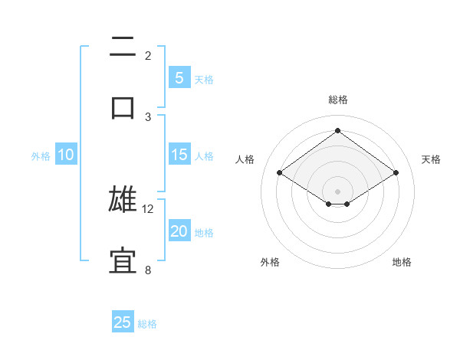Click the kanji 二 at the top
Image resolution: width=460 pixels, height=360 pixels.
[123, 47]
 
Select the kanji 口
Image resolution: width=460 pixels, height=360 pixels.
[123, 107]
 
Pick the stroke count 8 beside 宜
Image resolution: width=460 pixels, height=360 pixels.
[148, 270]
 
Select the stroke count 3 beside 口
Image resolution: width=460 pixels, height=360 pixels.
[148, 116]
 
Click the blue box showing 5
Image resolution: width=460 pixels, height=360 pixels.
[179, 78]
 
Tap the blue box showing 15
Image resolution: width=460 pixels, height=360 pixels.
[179, 155]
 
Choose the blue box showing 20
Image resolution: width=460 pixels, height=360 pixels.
[179, 231]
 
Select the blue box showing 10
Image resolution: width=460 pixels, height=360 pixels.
[66, 155]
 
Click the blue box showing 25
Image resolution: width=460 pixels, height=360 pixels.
[123, 322]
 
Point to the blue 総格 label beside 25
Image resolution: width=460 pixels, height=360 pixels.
[147, 324]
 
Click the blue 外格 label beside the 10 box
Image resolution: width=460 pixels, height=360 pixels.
[41, 156]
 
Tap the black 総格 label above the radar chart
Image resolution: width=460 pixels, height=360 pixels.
[338, 100]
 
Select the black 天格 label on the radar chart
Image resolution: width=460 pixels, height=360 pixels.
[432, 159]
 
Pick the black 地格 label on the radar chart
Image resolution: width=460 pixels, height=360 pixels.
[402, 262]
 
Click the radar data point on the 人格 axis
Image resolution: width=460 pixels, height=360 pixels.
[280, 173]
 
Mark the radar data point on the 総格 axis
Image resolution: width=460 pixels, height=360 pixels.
[337, 130]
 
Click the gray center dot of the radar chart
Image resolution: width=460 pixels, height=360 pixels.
[337, 191]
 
